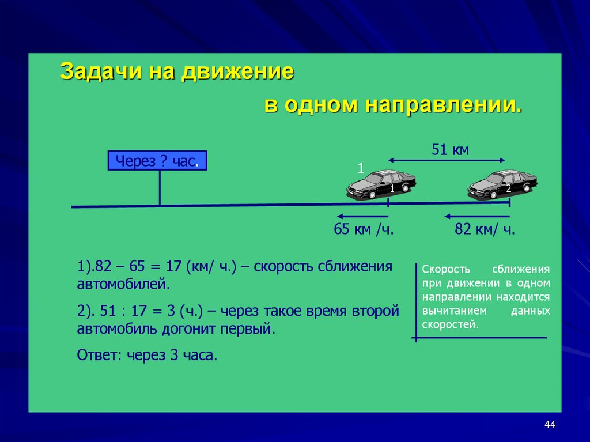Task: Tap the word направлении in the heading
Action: [442, 105]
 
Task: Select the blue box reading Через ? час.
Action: [157, 161]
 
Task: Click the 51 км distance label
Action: [450, 150]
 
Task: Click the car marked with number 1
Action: [381, 185]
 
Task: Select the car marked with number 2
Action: [502, 185]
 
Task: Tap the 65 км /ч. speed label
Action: [364, 229]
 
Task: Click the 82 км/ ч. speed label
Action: [485, 229]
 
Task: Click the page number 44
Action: [549, 425]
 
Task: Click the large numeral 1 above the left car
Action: [361, 168]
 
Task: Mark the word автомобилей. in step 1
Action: [124, 284]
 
